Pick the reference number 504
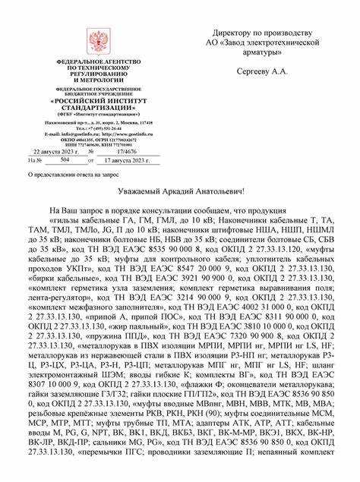[64, 161]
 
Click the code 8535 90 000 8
[172, 247]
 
